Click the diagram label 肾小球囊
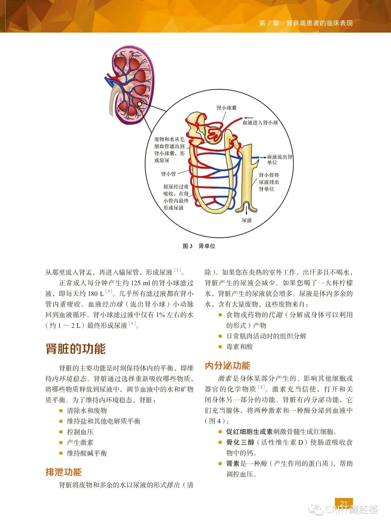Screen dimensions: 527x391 226,108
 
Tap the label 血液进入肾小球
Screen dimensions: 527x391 260,123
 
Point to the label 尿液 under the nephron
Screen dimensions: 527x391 247,220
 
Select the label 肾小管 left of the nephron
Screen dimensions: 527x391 168,174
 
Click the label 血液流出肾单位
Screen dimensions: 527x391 279,160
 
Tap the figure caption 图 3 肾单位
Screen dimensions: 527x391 199,246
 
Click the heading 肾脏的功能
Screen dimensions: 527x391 76,349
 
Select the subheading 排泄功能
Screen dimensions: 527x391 64,472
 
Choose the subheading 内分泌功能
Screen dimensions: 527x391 228,366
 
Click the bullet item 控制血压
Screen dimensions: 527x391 80,432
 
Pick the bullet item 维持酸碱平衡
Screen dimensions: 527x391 87,453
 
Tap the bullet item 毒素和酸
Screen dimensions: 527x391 239,347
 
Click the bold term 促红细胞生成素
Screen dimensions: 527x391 249,432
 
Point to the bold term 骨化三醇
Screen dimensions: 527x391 240,442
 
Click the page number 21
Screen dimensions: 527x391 344,504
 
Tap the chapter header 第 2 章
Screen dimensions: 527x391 269,23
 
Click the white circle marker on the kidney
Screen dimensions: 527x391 140,104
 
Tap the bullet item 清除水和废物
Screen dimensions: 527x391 87,410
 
